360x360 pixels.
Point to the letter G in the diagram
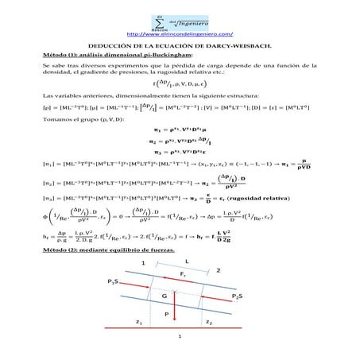pos(164,293)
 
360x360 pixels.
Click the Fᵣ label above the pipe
pos(182,274)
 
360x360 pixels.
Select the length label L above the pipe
pos(186,260)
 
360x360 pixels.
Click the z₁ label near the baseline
pos(139,323)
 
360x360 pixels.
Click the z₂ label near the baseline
pos(209,323)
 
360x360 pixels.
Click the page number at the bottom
pos(180,336)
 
